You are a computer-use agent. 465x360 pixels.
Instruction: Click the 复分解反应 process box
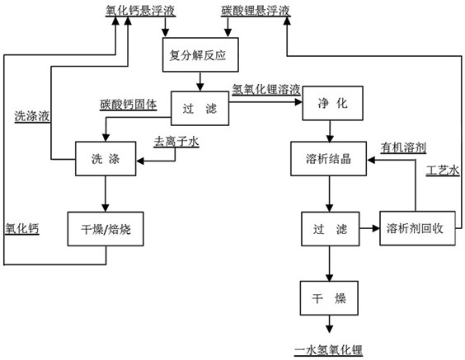click(200, 55)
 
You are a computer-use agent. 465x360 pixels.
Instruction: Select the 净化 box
click(332, 103)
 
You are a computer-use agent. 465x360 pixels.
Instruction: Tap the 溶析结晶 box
click(329, 158)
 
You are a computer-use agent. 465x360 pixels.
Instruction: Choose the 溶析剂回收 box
click(417, 228)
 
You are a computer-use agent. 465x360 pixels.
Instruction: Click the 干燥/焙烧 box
click(106, 229)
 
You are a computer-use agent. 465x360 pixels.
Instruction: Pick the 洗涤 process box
click(106, 158)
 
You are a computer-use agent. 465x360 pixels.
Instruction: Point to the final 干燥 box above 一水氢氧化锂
click(329, 298)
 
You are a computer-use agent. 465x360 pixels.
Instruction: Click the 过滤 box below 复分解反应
click(200, 108)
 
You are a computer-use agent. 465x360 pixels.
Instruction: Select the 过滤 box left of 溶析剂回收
click(331, 229)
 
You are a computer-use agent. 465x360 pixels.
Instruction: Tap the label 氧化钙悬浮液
click(140, 11)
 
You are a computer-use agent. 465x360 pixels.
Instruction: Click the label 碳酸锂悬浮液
click(256, 11)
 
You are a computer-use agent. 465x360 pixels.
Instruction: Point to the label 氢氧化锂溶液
click(266, 89)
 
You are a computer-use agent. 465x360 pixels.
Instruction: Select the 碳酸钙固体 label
click(129, 105)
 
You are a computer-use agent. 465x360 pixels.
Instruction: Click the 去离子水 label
click(176, 142)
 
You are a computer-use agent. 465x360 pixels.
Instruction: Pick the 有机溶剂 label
click(404, 147)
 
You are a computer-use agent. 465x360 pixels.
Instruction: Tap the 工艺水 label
click(443, 171)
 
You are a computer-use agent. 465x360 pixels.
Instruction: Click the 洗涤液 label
click(32, 116)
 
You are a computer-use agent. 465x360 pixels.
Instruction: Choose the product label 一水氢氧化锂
click(329, 350)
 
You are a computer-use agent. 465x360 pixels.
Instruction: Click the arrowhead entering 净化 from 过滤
click(298, 102)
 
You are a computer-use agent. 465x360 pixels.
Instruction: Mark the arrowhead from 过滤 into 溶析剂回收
click(376, 228)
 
